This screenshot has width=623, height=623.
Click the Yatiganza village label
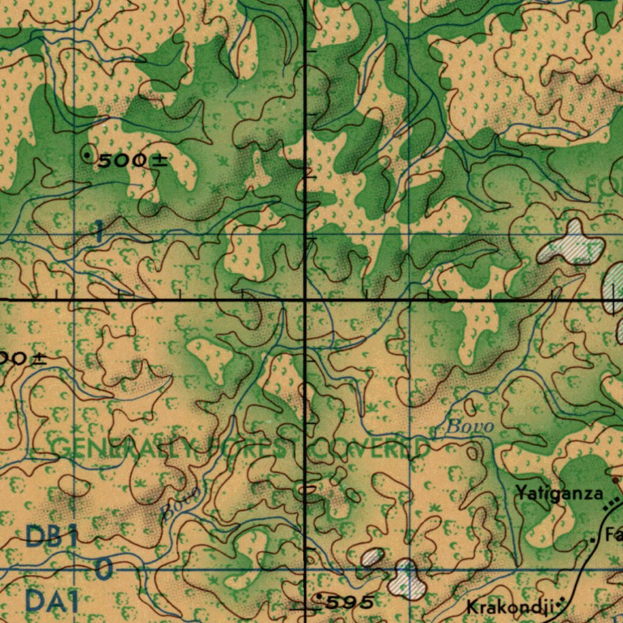(560, 493)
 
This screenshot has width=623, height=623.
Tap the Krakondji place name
(509, 606)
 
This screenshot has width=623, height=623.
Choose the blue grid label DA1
(52, 602)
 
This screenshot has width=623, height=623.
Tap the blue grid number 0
(104, 570)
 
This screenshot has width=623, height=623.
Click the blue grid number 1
(98, 232)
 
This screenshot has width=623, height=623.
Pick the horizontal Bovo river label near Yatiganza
(469, 426)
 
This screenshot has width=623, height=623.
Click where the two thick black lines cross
(305, 300)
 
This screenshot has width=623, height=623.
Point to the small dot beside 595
(321, 598)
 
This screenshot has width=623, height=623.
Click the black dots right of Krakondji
(561, 604)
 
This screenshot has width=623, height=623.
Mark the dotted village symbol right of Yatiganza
(611, 504)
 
